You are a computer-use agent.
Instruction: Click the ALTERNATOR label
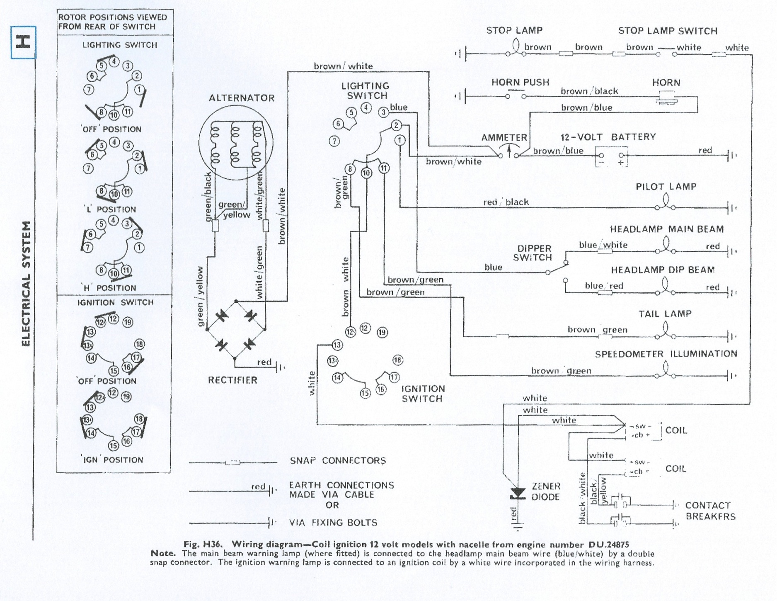(242, 98)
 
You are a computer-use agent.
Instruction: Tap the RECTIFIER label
(232, 380)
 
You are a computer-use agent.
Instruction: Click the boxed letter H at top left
(23, 42)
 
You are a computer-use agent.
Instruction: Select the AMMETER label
(504, 138)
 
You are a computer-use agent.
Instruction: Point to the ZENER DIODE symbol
(518, 494)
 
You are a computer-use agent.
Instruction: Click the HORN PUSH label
(520, 82)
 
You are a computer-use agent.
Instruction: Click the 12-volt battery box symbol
(611, 156)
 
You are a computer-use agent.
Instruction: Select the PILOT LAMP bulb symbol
(666, 203)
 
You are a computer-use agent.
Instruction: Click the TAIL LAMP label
(665, 314)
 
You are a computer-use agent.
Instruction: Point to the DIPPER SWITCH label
(534, 253)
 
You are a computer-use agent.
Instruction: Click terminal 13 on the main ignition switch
(337, 345)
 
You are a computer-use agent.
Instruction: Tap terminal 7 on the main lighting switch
(334, 141)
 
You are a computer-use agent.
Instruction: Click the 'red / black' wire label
(506, 202)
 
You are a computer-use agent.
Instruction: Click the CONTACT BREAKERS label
(710, 511)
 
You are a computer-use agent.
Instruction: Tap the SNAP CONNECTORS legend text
(338, 461)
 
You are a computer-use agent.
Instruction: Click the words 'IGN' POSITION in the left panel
(113, 460)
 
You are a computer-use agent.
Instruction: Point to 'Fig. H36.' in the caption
(203, 544)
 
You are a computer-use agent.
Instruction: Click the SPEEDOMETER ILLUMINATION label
(666, 354)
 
